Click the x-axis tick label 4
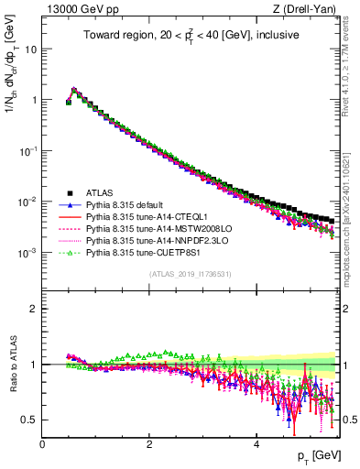tap(256, 444)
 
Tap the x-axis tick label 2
tap(149, 444)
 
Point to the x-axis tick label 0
tap(42, 444)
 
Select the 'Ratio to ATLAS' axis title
tap(12, 365)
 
